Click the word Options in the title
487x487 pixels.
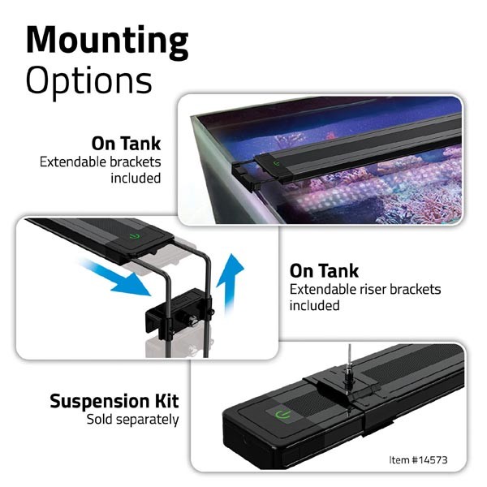[89, 81]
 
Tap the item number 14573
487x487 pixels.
[429, 460]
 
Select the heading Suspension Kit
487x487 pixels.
[114, 401]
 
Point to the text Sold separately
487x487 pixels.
[132, 420]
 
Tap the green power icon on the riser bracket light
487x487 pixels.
[135, 236]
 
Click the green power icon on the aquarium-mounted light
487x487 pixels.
[276, 164]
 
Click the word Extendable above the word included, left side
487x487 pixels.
[73, 162]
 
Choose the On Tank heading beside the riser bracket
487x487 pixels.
[324, 271]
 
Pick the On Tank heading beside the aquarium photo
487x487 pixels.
[126, 144]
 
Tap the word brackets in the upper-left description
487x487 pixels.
[136, 162]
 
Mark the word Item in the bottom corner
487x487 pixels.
[399, 460]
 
